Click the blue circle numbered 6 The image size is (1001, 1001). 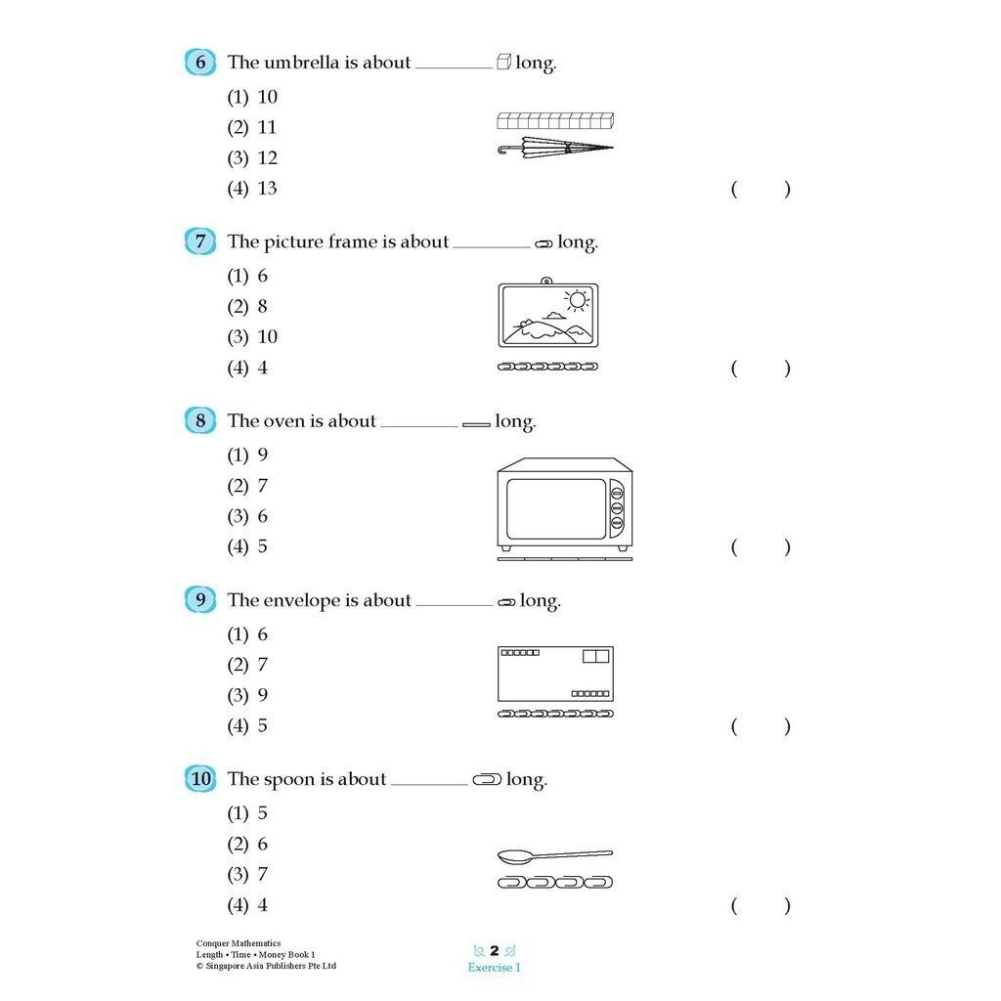pos(199,63)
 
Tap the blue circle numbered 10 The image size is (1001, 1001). pos(199,779)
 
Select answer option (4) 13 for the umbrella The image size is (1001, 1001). pos(253,189)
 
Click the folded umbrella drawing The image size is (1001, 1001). pos(555,150)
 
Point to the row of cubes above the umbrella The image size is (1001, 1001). pos(555,121)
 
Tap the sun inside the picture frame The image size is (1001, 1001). pos(578,298)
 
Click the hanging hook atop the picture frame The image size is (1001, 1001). pos(546,281)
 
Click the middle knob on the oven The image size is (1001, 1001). pos(617,507)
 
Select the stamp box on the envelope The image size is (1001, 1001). pos(595,656)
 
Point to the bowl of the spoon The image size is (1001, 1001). pos(515,858)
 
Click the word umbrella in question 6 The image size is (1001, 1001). pos(302,63)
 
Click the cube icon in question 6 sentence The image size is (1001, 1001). pos(504,63)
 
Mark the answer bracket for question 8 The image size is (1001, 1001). pos(761,547)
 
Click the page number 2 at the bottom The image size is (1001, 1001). pos(495,951)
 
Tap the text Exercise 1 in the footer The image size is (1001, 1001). pos(494,968)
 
